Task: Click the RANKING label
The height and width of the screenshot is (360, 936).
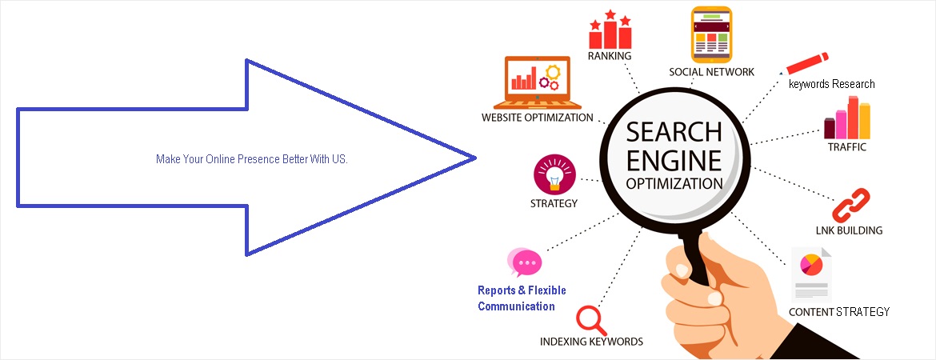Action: point(610,56)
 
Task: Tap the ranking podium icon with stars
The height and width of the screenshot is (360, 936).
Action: point(610,30)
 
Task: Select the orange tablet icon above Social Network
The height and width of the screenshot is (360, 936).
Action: point(711,34)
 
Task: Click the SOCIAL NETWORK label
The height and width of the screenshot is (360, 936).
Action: point(711,72)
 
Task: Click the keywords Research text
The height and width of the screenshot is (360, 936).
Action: point(831,84)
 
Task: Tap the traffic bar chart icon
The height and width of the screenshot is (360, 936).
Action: point(846,118)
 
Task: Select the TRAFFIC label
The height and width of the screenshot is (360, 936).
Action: point(846,147)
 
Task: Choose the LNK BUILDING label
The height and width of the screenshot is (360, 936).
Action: point(849,230)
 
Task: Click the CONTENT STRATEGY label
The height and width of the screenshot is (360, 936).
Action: point(838,312)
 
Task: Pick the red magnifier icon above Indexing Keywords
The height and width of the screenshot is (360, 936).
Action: point(590,318)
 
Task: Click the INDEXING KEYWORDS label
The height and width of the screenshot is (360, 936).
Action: point(591,342)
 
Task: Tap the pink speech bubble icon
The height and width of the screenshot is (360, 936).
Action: point(525,262)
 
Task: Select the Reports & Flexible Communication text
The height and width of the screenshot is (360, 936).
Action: point(522,298)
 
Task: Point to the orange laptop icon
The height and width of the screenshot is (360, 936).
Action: point(532,82)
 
